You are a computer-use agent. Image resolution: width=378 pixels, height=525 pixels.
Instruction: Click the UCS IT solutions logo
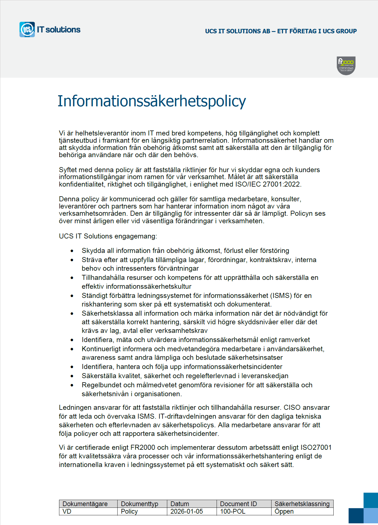click(50, 29)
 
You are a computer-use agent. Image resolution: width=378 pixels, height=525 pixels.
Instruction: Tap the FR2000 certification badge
click(346, 66)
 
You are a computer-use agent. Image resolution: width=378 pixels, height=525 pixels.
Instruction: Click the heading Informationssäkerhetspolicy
click(151, 101)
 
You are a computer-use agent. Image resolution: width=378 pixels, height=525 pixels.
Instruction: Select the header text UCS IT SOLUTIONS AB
click(238, 31)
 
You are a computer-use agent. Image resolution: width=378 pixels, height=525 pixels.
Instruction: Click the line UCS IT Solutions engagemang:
click(108, 236)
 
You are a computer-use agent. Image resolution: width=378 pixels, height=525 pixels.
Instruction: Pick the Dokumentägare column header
click(85, 504)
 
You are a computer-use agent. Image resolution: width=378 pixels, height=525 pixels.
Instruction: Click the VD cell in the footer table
click(67, 511)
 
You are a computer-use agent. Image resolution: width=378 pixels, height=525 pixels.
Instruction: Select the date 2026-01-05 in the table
click(187, 511)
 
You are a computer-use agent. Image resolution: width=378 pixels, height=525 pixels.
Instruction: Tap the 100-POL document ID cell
click(233, 511)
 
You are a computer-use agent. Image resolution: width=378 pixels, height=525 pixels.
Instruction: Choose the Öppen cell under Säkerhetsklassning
click(284, 511)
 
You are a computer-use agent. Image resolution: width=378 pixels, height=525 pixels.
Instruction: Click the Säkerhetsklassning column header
click(302, 504)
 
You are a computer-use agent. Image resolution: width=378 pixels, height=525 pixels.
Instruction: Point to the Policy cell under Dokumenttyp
click(129, 511)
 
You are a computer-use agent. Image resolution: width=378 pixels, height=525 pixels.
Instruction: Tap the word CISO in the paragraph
click(292, 408)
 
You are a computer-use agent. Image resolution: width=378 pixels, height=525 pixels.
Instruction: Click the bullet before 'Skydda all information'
click(72, 251)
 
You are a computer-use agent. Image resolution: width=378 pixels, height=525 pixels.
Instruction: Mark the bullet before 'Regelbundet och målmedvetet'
click(72, 385)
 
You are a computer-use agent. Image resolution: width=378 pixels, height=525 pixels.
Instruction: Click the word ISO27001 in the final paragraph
click(316, 448)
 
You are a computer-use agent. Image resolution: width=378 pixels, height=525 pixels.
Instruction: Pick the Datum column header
click(180, 504)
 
